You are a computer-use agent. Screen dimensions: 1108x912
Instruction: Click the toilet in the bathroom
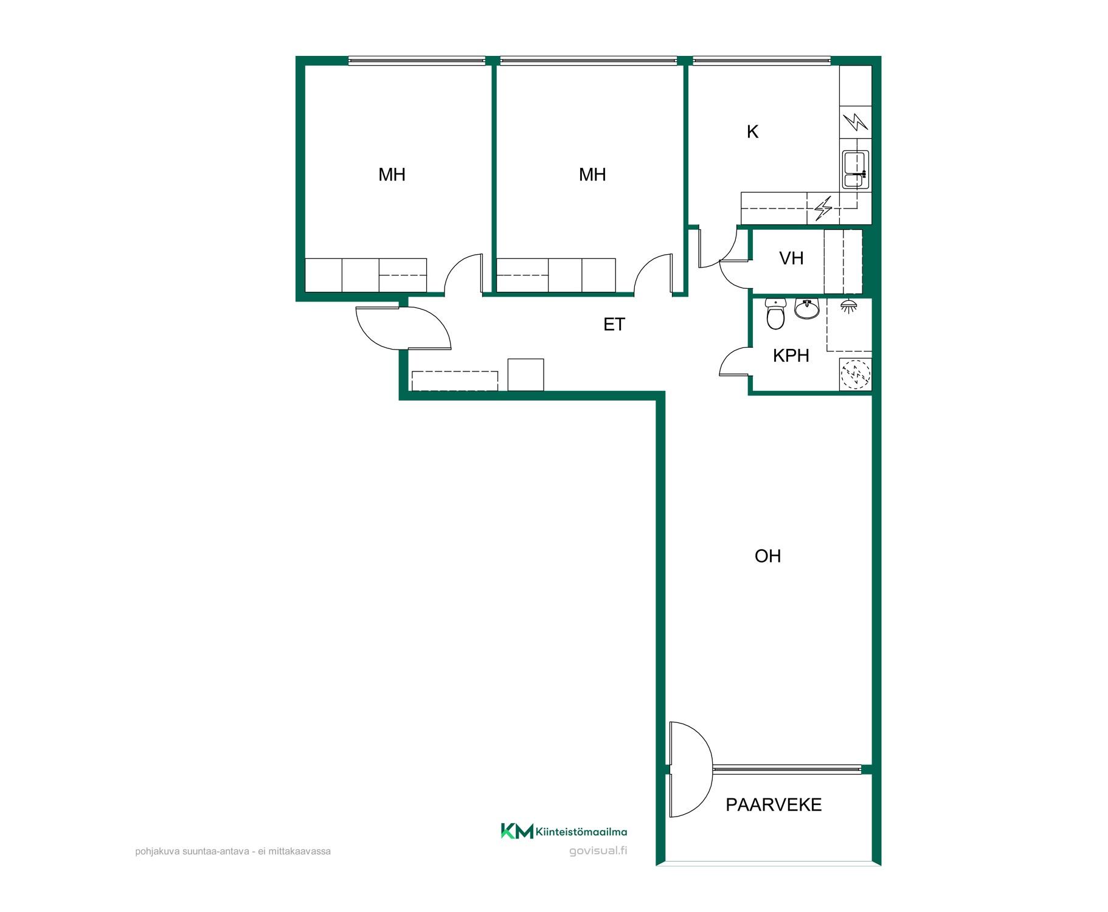click(x=775, y=314)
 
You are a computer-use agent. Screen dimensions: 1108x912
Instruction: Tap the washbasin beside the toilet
click(x=807, y=308)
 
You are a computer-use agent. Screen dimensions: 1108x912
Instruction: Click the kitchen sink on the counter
click(x=856, y=170)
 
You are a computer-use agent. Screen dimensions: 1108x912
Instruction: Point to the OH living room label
click(x=767, y=556)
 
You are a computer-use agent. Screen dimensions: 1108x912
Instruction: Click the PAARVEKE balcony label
click(x=774, y=805)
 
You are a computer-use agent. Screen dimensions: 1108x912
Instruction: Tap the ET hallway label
click(x=614, y=325)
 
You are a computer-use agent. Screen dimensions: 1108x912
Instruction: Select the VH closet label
click(x=791, y=258)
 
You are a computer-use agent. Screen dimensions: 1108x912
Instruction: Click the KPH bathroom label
click(x=791, y=356)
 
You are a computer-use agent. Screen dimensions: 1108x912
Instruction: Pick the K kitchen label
click(x=752, y=132)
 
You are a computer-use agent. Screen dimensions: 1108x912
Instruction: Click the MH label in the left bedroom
click(x=392, y=175)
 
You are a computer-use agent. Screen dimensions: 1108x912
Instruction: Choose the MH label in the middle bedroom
click(x=592, y=175)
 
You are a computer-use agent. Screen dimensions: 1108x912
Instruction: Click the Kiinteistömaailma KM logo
click(x=564, y=831)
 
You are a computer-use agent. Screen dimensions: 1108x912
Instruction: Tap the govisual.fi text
click(x=598, y=851)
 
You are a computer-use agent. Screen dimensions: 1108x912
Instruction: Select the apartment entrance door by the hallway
click(x=403, y=328)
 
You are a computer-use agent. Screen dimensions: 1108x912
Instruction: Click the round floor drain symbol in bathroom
click(x=855, y=375)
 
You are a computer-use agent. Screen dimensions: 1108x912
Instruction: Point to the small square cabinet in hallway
click(x=525, y=375)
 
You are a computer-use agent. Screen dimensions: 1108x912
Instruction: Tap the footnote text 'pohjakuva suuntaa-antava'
click(x=192, y=851)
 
